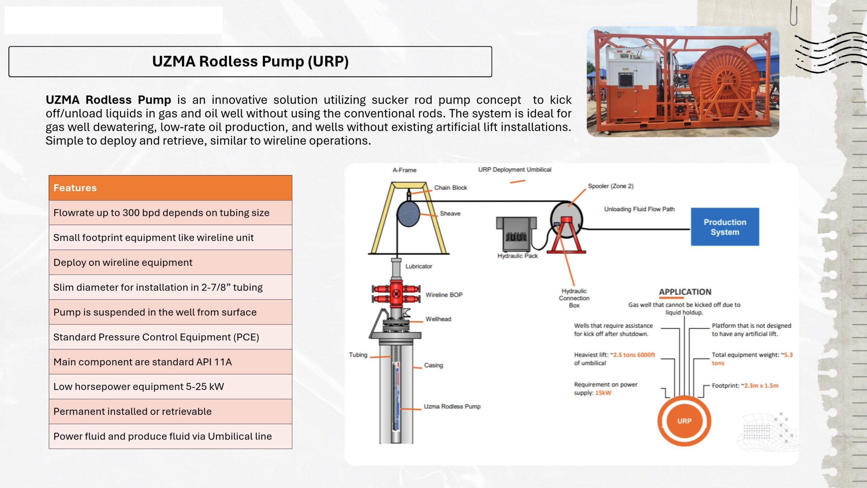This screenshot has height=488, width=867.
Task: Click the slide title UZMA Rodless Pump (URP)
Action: click(x=250, y=62)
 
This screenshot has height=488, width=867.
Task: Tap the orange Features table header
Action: click(x=170, y=188)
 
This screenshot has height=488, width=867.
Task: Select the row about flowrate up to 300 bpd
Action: click(x=170, y=213)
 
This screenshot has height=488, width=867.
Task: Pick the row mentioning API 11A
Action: click(x=170, y=362)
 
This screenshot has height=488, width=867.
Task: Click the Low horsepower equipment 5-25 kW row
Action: click(x=170, y=387)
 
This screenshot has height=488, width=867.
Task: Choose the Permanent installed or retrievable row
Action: click(x=170, y=411)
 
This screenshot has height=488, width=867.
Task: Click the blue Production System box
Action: click(x=725, y=227)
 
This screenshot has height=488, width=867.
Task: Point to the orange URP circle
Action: click(x=684, y=421)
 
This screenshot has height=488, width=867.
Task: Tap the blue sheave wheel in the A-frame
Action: click(x=408, y=214)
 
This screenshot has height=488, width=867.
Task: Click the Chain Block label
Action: click(x=450, y=188)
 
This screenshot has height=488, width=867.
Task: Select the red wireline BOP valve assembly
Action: click(x=396, y=293)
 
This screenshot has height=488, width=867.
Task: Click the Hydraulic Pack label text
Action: click(x=517, y=256)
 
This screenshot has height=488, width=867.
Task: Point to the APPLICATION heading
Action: click(x=685, y=292)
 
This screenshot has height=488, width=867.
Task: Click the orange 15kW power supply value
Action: click(x=603, y=393)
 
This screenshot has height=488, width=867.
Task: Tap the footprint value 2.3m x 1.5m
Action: click(x=761, y=386)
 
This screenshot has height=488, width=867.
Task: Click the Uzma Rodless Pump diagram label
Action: click(x=452, y=406)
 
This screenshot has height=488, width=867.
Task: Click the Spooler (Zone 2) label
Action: click(x=611, y=186)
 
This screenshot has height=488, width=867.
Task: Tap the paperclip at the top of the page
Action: click(x=794, y=14)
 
